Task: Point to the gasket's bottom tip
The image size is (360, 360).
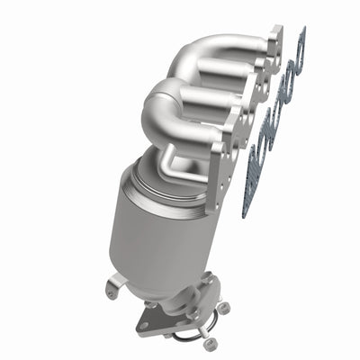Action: [x=247, y=214]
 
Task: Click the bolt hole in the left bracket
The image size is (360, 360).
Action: [x=110, y=292]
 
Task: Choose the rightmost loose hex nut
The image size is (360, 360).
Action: [x=224, y=307]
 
